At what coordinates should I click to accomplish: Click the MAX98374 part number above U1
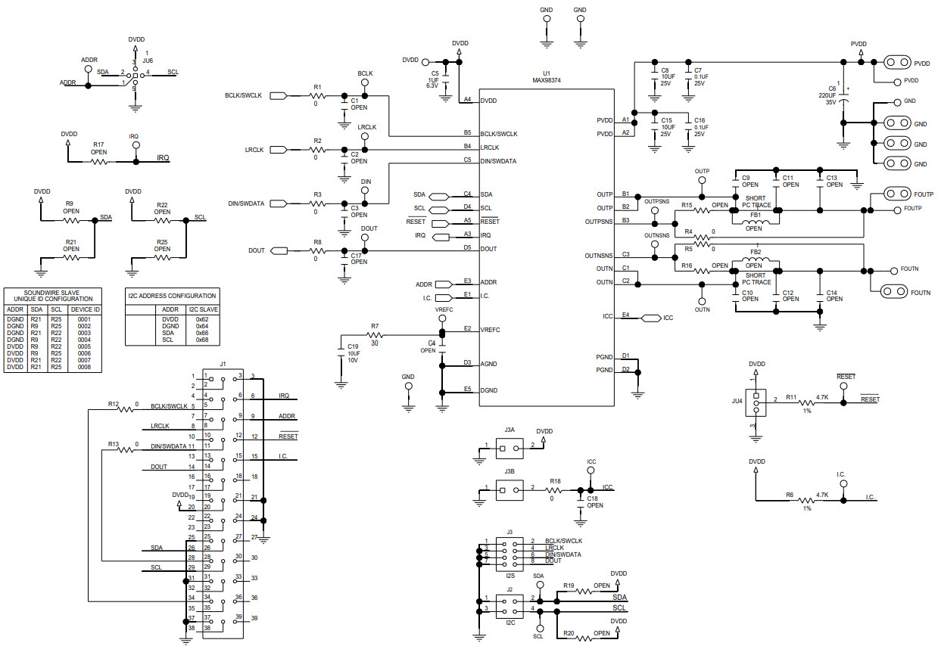(546, 80)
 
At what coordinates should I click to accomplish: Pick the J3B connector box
(510, 490)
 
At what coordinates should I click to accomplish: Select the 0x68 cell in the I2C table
(202, 340)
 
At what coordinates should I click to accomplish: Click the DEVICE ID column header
(85, 309)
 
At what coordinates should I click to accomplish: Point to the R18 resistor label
(555, 481)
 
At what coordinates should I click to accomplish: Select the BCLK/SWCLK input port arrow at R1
(278, 96)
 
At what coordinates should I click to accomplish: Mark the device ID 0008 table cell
(84, 367)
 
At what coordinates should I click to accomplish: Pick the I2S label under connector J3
(510, 575)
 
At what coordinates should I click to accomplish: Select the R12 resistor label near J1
(114, 404)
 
